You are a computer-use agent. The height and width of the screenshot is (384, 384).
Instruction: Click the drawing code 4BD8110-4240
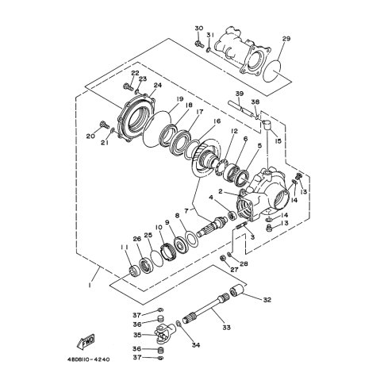[x=88, y=359]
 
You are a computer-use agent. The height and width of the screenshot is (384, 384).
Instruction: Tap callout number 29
[x=286, y=39]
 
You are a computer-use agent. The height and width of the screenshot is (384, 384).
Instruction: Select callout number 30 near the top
[x=199, y=29]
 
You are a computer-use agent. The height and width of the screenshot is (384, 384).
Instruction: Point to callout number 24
[x=158, y=85]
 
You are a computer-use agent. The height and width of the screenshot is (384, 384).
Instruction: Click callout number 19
[x=179, y=99]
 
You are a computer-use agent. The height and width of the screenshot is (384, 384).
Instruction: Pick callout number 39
[x=240, y=94]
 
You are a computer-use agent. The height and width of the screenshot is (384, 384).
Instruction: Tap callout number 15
[x=278, y=141]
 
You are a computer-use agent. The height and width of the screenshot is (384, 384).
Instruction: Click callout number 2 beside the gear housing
[x=221, y=190]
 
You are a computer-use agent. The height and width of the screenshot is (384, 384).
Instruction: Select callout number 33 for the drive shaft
[x=226, y=328]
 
